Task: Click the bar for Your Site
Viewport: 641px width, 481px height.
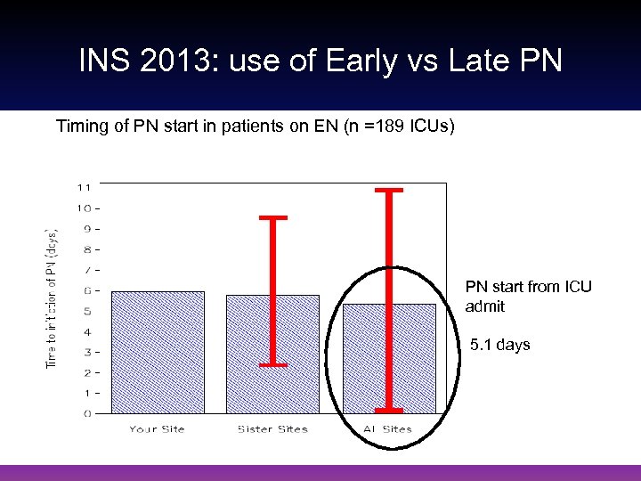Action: coord(157,352)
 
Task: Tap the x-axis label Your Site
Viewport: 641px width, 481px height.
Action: coord(157,429)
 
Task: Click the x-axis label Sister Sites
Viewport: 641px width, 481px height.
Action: coord(272,429)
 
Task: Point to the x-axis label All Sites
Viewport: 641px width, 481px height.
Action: coord(389,429)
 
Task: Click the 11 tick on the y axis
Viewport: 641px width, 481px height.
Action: coord(84,188)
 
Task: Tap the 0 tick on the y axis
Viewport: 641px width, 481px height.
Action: coord(86,413)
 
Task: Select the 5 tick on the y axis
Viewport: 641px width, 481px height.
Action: coord(86,311)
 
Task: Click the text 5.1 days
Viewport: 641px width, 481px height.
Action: coord(499,345)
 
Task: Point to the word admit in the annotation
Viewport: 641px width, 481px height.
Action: coord(484,306)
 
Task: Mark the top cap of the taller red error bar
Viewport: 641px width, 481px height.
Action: coord(389,190)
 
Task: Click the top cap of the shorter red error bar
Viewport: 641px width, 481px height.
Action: coord(272,216)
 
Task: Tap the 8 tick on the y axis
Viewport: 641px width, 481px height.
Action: coord(86,249)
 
